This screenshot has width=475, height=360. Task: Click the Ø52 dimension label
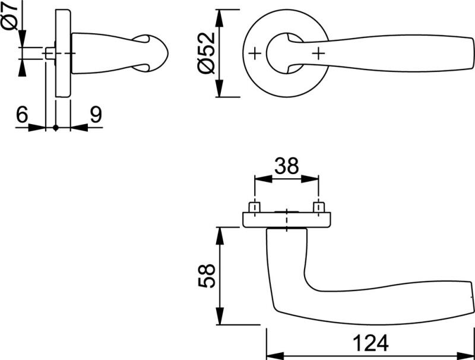[205, 53]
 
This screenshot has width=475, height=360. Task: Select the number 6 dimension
[22, 115]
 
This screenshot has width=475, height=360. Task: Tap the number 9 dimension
[95, 115]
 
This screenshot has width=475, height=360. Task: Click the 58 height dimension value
[205, 276]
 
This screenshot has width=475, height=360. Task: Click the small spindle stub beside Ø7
[50, 53]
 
